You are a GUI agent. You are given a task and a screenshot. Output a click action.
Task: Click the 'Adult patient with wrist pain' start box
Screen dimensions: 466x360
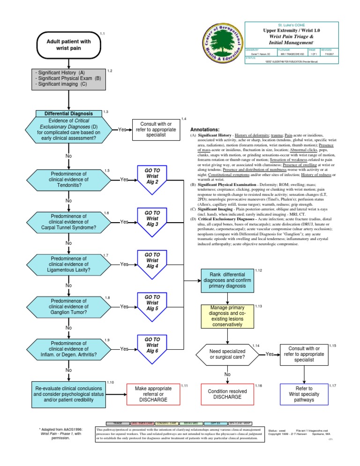pos(68,45)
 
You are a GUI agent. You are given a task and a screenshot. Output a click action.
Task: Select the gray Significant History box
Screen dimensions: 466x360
pos(68,79)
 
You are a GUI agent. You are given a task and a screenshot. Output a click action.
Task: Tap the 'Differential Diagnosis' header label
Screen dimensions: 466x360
pos(68,113)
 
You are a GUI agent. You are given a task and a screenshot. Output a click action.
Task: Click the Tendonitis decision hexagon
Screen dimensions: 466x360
pos(68,180)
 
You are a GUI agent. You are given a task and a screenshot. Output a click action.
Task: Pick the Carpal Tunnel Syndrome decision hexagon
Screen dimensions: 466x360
pos(68,222)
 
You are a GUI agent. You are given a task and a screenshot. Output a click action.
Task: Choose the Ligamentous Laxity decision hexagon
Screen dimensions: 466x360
pos(68,264)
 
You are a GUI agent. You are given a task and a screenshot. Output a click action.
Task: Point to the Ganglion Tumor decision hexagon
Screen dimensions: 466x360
pos(68,307)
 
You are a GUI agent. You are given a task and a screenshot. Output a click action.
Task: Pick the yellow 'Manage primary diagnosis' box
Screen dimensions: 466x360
pos(227,316)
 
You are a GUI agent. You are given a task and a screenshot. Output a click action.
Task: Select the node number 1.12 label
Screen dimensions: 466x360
pos(258,271)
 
